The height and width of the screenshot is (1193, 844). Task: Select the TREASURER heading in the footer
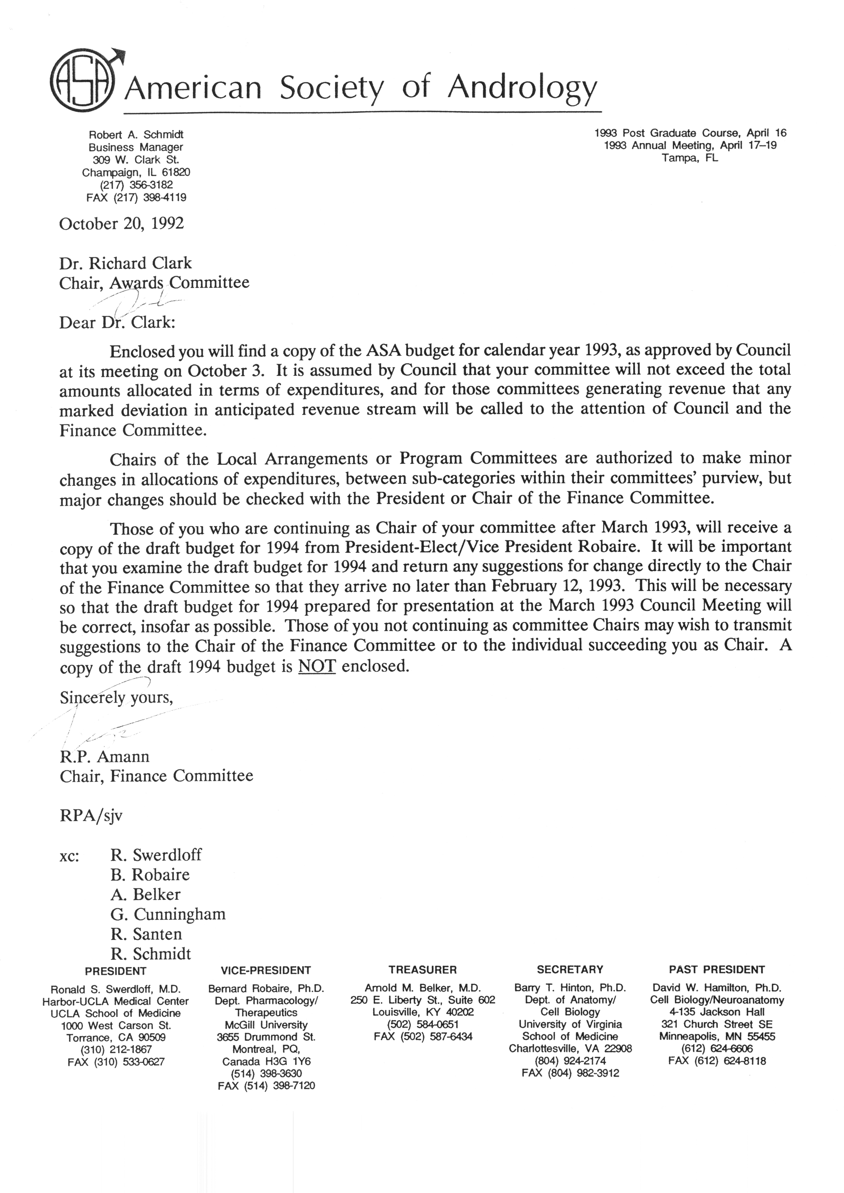(x=422, y=969)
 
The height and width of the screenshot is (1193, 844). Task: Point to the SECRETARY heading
(x=570, y=969)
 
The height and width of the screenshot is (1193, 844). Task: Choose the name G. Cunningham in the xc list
(x=168, y=914)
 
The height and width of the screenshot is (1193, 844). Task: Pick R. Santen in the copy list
(x=146, y=934)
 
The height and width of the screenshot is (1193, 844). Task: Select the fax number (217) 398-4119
(x=150, y=198)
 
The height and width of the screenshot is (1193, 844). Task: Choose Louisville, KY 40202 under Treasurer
(x=422, y=1012)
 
